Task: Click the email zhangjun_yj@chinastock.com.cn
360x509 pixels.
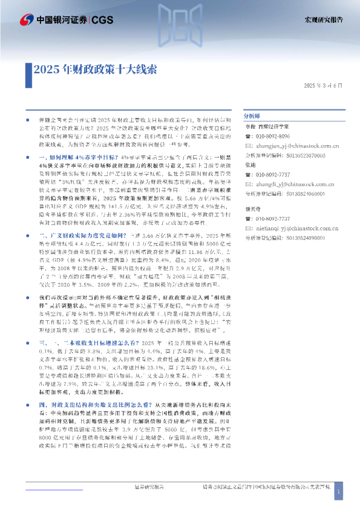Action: click(290, 146)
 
